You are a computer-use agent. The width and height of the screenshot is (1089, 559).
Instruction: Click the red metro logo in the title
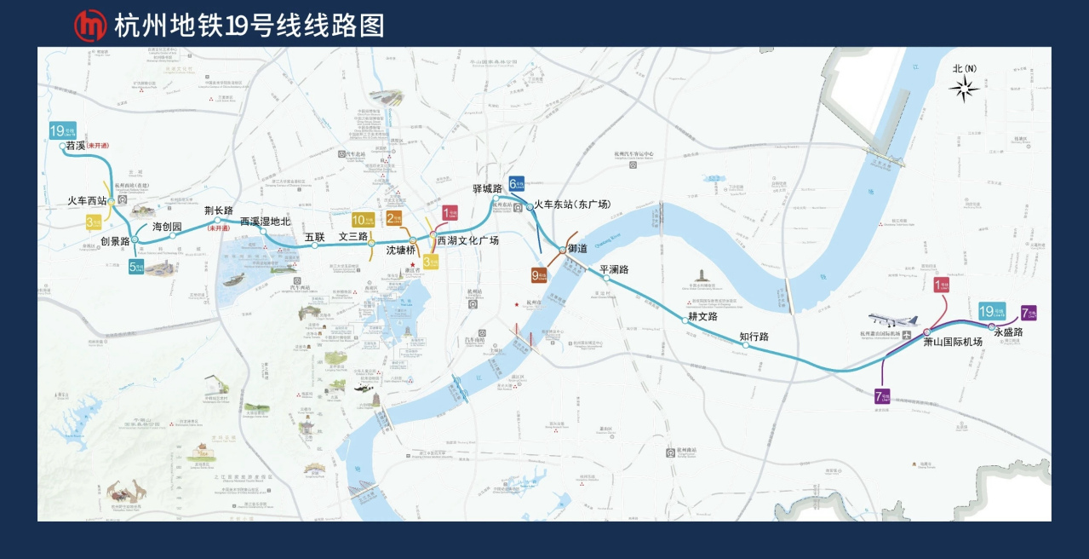pos(89,26)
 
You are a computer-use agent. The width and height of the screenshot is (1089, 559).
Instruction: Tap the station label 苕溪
pos(76,146)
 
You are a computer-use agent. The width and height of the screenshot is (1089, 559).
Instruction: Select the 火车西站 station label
pos(88,201)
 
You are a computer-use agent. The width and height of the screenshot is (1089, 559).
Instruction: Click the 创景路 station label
pos(115,241)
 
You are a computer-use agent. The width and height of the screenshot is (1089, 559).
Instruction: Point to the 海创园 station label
pos(167,227)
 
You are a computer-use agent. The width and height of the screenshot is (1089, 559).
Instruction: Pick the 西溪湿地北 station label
pos(265,222)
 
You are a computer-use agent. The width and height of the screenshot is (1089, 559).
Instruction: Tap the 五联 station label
pos(315,236)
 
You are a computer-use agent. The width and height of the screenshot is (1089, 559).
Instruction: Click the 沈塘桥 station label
pos(401,251)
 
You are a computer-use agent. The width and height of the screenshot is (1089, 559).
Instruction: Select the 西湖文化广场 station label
pos(467,241)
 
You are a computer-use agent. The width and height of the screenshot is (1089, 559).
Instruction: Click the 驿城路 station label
pos(488,188)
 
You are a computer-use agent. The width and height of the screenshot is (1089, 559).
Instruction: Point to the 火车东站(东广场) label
pos(573,205)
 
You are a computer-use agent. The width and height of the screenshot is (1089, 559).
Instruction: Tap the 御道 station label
pos(577,249)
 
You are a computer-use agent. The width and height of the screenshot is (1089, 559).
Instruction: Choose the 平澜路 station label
pos(614,269)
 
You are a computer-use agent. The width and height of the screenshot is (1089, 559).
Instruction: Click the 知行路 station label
pos(754,337)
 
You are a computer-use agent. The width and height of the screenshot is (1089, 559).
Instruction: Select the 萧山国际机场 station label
pos(953,342)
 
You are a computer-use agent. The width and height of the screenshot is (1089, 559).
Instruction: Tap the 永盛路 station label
pos(1008,332)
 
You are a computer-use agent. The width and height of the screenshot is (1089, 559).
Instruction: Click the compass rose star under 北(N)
pos(965,88)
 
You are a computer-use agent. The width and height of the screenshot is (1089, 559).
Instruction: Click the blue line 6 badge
pos(517,183)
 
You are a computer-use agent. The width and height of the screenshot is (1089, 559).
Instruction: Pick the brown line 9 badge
pos(539,274)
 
